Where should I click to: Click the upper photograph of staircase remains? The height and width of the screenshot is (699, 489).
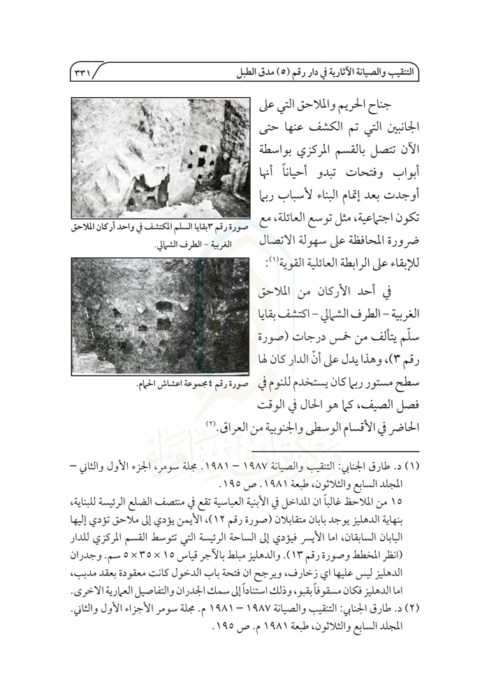(x=160, y=157)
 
